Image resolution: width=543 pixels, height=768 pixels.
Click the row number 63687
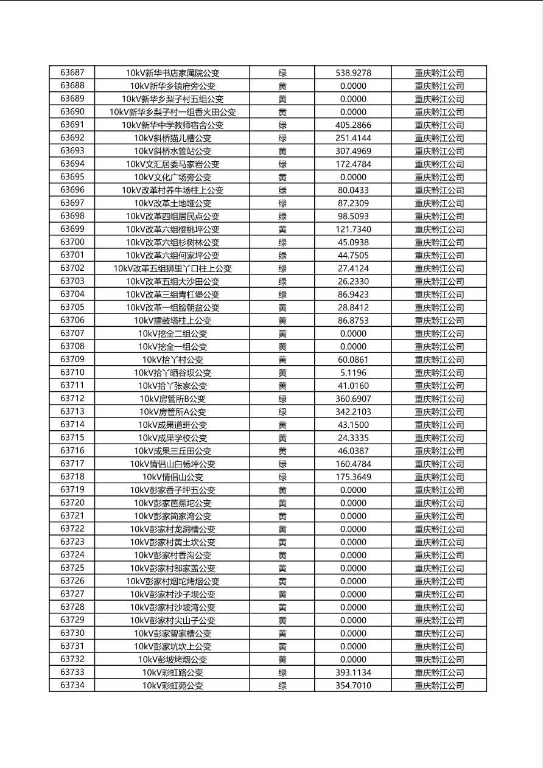pyautogui.click(x=72, y=73)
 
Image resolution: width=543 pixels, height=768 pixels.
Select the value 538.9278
pyautogui.click(x=353, y=73)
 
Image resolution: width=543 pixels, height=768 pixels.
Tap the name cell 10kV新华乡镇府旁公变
pyautogui.click(x=172, y=86)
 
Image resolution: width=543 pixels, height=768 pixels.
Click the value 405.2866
pyautogui.click(x=353, y=125)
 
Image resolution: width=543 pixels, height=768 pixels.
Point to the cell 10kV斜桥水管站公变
pyautogui.click(x=172, y=152)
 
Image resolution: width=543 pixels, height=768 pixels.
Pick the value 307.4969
pyautogui.click(x=353, y=152)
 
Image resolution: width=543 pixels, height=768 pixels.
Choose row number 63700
pyautogui.click(x=72, y=242)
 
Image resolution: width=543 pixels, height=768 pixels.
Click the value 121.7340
pyautogui.click(x=353, y=229)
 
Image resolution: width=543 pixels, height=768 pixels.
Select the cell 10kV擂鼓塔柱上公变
pyautogui.click(x=172, y=321)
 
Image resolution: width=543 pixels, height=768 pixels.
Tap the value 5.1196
pyautogui.click(x=353, y=373)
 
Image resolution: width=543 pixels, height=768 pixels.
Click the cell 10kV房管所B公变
pyautogui.click(x=172, y=399)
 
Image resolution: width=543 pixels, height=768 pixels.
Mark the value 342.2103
pyautogui.click(x=353, y=412)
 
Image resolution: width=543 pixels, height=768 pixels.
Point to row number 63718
pyautogui.click(x=72, y=477)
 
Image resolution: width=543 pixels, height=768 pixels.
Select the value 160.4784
pyautogui.click(x=353, y=464)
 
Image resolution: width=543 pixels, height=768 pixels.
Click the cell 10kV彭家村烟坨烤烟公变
pyautogui.click(x=172, y=582)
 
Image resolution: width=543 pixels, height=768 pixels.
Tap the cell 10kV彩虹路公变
pyautogui.click(x=172, y=673)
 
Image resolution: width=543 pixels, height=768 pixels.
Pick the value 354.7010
pyautogui.click(x=353, y=686)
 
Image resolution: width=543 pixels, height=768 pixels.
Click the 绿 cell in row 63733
pyautogui.click(x=282, y=673)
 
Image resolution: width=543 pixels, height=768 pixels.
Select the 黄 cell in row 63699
pyautogui.click(x=282, y=229)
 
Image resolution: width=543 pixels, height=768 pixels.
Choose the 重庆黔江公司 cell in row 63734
pyautogui.click(x=439, y=686)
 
